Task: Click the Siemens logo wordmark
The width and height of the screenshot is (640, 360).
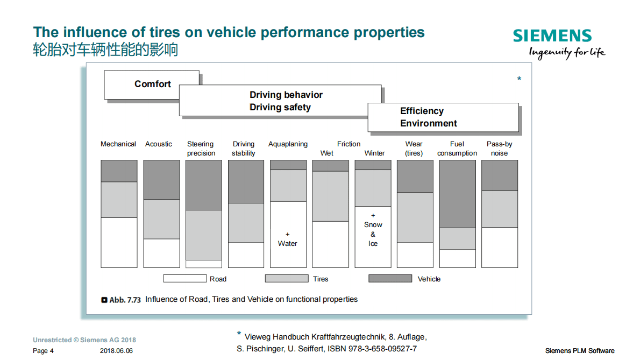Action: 552,36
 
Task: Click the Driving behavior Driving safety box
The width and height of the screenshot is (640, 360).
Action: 286,101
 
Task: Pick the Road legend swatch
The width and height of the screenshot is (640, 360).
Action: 184,279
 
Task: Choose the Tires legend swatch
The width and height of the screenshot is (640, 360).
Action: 287,279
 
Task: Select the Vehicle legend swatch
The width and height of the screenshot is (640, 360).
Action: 390,279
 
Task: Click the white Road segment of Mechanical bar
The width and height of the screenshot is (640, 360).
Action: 119,242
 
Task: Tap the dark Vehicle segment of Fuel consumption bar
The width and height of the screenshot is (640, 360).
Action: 457,194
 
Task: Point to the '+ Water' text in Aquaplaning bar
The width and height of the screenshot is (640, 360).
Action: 287,239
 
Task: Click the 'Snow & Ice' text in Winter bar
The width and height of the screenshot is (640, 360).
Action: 373,234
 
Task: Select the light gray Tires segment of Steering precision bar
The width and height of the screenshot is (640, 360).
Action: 203,235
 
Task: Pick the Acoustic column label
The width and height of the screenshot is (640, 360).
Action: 159,144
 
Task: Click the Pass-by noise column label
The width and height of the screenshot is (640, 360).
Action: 499,149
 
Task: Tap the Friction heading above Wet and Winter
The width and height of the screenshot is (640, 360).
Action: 349,144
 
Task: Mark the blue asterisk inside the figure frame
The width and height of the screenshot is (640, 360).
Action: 519,80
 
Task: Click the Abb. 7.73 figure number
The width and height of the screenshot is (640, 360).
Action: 124,300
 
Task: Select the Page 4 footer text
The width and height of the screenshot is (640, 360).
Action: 43,351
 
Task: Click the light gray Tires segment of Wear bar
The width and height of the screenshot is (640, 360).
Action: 415,217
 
